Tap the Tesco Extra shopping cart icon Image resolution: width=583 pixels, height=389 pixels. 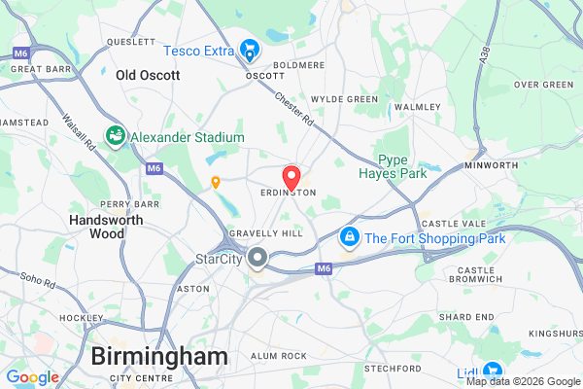tap(251, 49)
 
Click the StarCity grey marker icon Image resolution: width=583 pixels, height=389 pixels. tap(257, 258)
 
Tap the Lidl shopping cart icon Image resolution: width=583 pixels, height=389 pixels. tap(493, 371)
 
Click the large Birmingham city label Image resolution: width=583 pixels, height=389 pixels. tap(159, 356)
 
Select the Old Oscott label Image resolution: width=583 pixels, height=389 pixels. tap(148, 75)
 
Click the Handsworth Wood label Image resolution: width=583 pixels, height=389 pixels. tap(96, 227)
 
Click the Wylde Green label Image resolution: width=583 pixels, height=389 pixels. tap(344, 99)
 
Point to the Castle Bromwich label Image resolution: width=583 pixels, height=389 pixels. tap(476, 275)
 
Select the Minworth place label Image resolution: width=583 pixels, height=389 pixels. tap(491, 165)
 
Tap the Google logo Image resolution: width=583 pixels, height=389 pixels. tap(32, 377)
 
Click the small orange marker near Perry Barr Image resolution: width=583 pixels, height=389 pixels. tap(216, 181)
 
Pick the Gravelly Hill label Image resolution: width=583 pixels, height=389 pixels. tap(265, 233)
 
